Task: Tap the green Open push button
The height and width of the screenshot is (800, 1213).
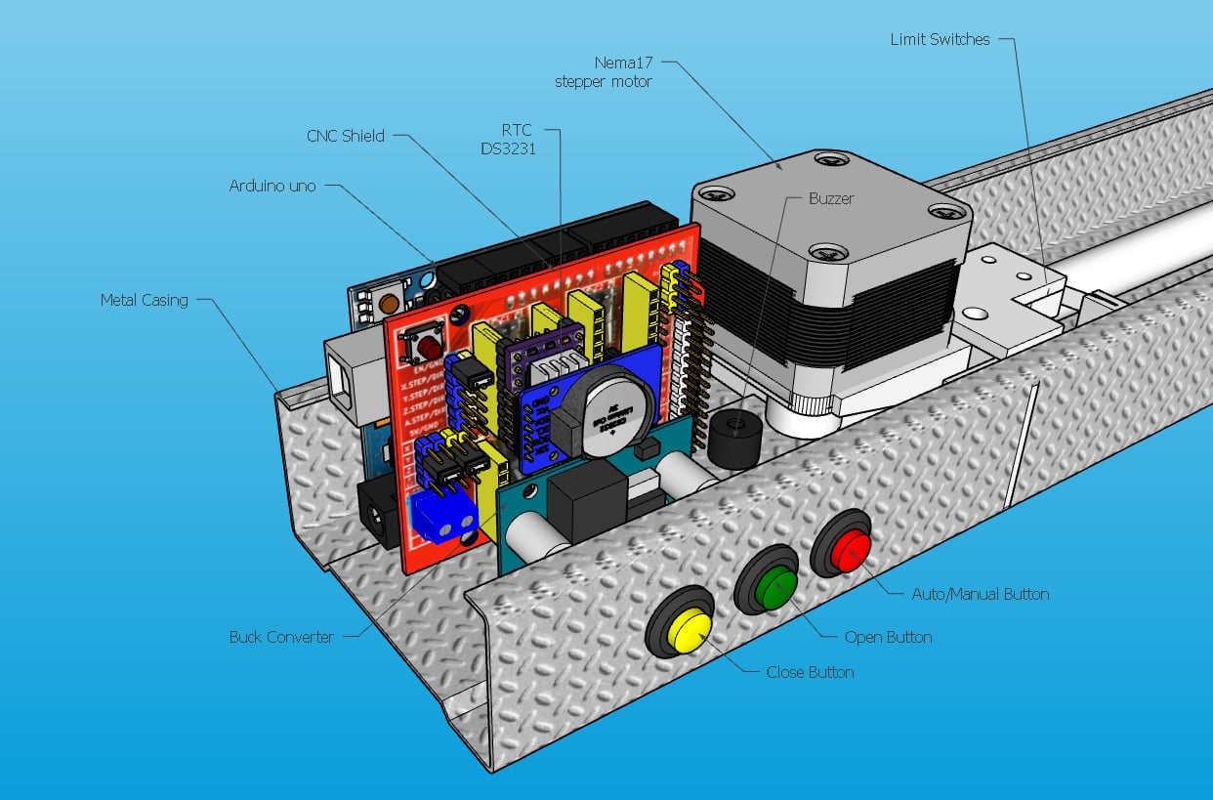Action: pyautogui.click(x=774, y=587)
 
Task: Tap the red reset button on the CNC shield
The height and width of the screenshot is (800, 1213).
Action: pyautogui.click(x=427, y=348)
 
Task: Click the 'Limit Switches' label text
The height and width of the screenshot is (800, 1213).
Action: pyautogui.click(x=940, y=40)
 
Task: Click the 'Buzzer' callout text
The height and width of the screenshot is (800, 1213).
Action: pyautogui.click(x=831, y=198)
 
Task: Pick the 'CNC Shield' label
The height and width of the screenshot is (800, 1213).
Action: pyautogui.click(x=346, y=136)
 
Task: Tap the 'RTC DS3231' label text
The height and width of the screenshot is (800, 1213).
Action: pyautogui.click(x=508, y=139)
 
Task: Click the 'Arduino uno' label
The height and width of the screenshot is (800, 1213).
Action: pyautogui.click(x=272, y=185)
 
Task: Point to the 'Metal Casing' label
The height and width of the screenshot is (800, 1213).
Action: pyautogui.click(x=144, y=300)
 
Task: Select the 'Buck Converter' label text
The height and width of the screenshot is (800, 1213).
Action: pyautogui.click(x=281, y=637)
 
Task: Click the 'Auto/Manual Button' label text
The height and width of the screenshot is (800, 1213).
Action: pyautogui.click(x=980, y=594)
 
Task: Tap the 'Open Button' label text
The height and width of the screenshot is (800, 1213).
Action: pyautogui.click(x=888, y=637)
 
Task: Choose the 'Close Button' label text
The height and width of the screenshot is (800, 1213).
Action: pyautogui.click(x=810, y=672)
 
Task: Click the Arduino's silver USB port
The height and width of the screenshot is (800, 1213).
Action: pyautogui.click(x=357, y=377)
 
